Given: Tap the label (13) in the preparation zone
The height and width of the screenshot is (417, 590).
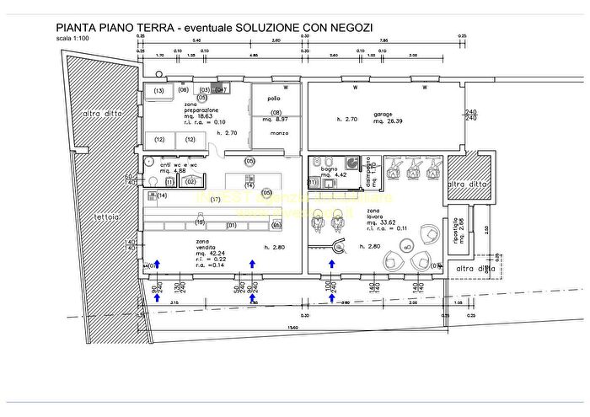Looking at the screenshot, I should [158, 90].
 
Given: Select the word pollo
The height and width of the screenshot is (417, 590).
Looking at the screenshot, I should [274, 99].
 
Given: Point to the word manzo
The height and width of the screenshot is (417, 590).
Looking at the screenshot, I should [279, 133].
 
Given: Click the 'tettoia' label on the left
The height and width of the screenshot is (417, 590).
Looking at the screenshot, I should [106, 217].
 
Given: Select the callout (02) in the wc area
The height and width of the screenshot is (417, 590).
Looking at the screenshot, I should [190, 181].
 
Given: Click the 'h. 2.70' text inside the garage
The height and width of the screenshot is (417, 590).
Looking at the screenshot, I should [347, 120].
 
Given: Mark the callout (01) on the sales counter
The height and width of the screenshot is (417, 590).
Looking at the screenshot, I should [231, 226].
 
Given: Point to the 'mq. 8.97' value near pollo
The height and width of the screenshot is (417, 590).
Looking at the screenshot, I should [278, 119].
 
